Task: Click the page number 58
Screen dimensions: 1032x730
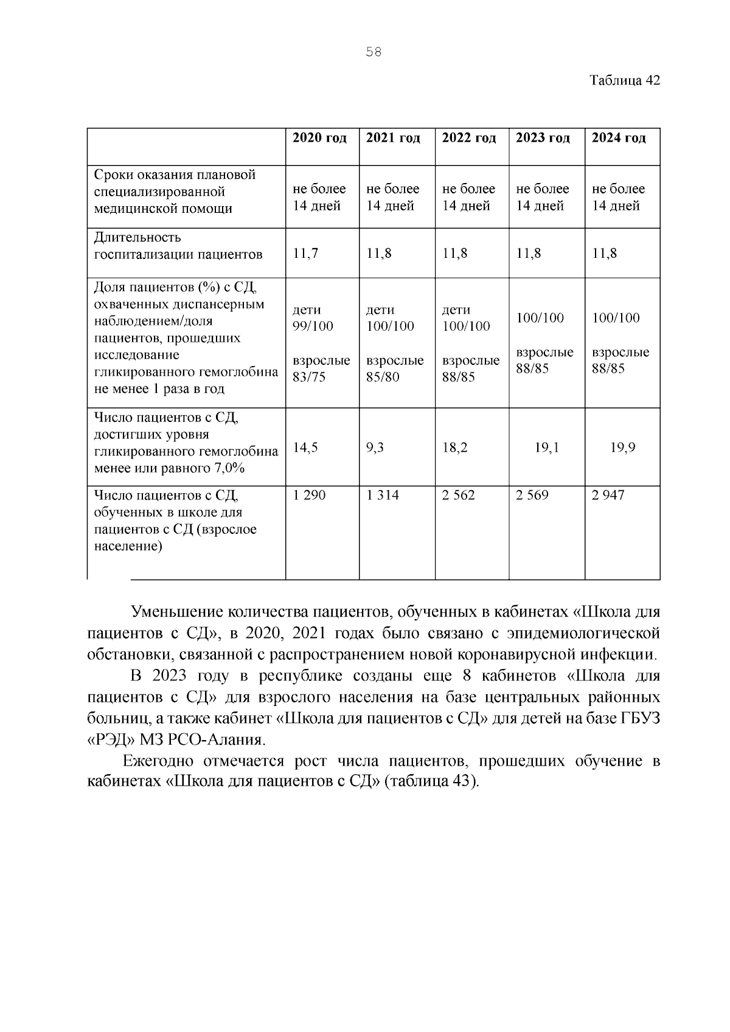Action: tap(374, 52)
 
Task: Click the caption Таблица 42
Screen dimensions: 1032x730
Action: tap(624, 81)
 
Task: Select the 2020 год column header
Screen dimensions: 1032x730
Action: tap(320, 138)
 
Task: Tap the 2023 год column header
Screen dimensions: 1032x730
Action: tap(543, 138)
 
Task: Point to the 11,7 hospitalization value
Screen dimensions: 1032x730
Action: tap(305, 254)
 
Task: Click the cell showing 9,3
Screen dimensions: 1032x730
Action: tap(375, 448)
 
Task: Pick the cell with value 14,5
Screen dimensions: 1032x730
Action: tap(305, 448)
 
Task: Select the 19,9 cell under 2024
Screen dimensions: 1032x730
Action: tap(623, 448)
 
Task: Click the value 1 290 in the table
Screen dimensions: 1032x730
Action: tap(309, 496)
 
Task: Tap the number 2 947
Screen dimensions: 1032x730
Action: tap(608, 496)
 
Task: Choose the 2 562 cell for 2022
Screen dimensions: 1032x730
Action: tap(458, 496)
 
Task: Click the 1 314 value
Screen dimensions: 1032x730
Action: tap(383, 496)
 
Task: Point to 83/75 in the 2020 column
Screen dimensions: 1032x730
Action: tap(309, 377)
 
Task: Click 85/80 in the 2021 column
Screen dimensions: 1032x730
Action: tap(383, 377)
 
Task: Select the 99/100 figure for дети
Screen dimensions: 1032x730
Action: tap(313, 327)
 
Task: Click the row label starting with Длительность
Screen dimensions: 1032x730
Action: tap(137, 237)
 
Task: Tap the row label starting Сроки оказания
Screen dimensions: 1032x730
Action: tap(175, 175)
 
